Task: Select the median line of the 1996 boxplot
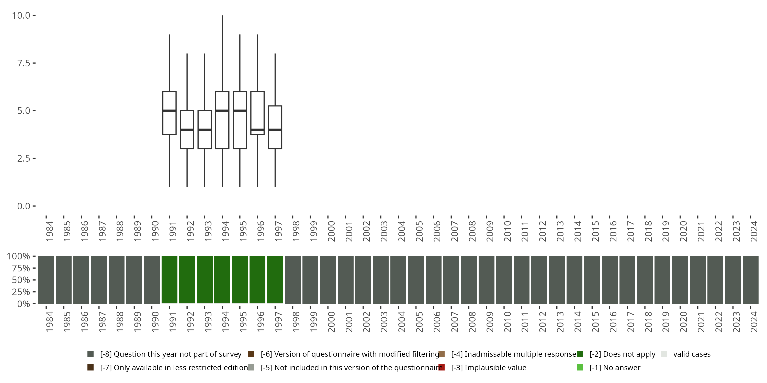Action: (257, 130)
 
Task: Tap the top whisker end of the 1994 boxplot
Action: (222, 16)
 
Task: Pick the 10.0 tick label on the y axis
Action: (21, 16)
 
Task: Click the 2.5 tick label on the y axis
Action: (24, 159)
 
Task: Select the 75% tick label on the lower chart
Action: (21, 268)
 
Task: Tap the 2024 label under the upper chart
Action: (754, 231)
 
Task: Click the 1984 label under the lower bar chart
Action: (49, 322)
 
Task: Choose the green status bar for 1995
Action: (240, 280)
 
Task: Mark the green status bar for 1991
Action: (170, 280)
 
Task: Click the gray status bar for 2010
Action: (504, 280)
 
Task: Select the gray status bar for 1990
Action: (152, 280)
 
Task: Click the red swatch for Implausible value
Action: (442, 367)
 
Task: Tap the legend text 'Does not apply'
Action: (622, 354)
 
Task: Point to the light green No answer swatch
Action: (580, 367)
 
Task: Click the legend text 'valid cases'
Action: (692, 354)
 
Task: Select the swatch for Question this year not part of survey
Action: (91, 354)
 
